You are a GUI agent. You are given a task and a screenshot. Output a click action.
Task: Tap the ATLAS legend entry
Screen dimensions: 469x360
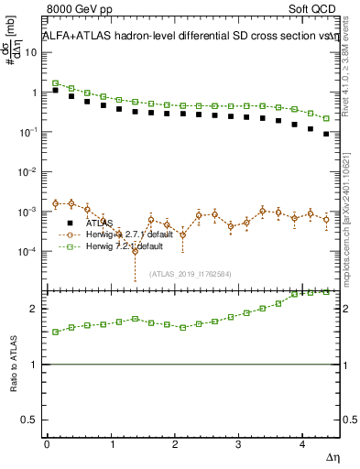[x=101, y=223]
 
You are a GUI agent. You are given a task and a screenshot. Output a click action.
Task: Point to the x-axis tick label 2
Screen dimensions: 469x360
[x=175, y=444]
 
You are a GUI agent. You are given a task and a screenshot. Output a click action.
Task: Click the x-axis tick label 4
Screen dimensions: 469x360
[x=303, y=444]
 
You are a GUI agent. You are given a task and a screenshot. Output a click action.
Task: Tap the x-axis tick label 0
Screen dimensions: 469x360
[x=47, y=444]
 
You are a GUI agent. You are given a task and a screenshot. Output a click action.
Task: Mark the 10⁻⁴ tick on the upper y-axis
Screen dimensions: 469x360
[x=31, y=252]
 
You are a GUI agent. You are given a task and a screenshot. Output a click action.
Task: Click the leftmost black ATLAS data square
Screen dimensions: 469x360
[x=55, y=91]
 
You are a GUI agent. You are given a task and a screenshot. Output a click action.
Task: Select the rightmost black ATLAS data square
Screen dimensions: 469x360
[x=327, y=134]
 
